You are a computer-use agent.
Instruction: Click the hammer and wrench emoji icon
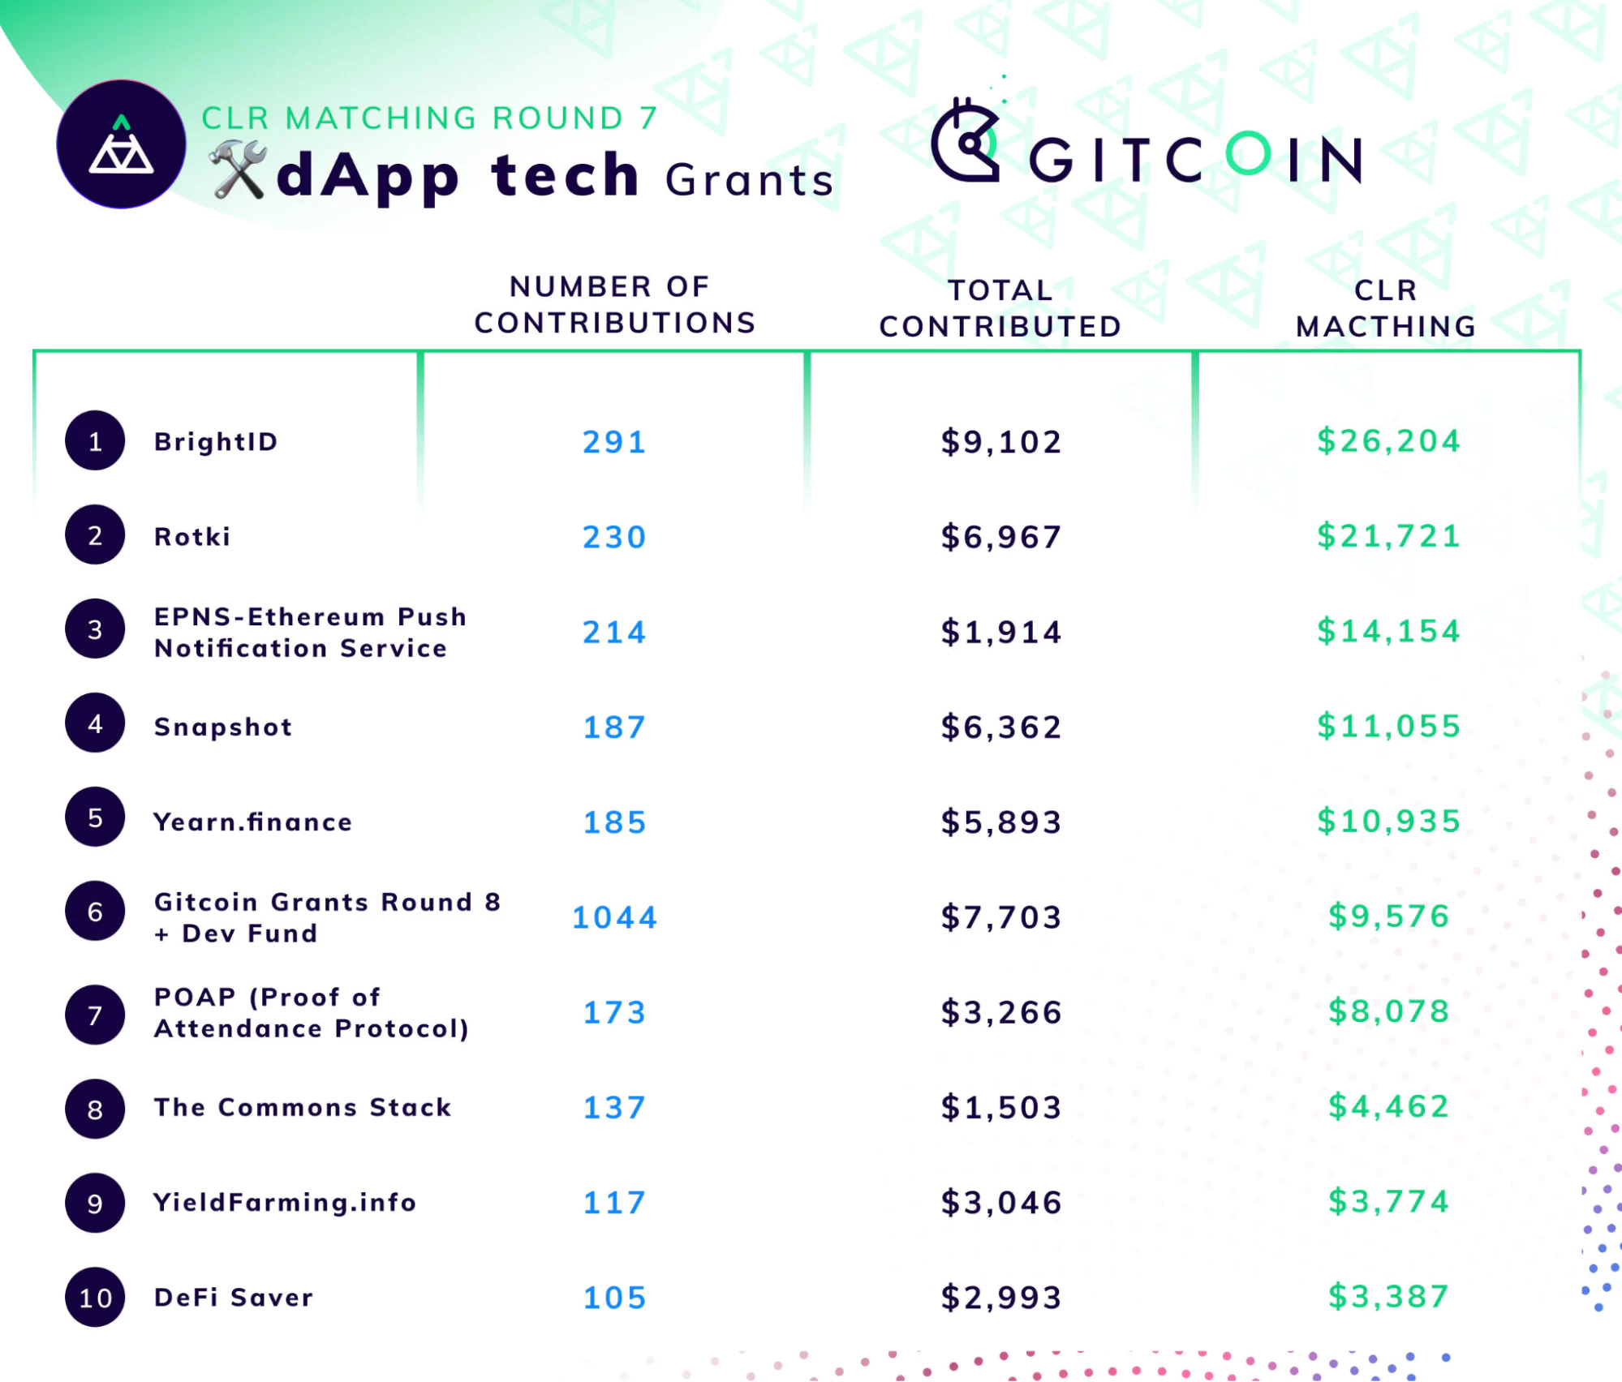click(238, 170)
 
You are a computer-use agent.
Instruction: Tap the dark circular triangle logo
click(121, 144)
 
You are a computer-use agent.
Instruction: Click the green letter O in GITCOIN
click(1248, 154)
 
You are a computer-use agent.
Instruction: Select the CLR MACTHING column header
click(1386, 308)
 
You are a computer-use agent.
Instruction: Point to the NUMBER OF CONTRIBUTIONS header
click(614, 305)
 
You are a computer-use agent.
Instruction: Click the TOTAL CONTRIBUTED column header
click(1000, 308)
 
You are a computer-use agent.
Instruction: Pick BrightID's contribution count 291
click(614, 442)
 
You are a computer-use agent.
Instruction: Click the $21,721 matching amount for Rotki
click(1388, 536)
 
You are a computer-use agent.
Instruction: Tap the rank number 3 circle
click(95, 629)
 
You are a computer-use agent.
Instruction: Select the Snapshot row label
click(223, 727)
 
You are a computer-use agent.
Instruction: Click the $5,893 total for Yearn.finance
click(1001, 822)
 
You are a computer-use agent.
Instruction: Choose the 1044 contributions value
click(614, 917)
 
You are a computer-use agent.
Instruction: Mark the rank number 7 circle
click(95, 1015)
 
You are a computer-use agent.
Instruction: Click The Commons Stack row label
click(303, 1107)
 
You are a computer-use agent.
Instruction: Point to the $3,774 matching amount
click(1388, 1202)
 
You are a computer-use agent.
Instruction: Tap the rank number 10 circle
click(95, 1298)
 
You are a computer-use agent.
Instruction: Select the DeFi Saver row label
click(234, 1298)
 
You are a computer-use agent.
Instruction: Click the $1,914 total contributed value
click(1001, 632)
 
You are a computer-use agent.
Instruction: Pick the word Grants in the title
click(749, 180)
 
